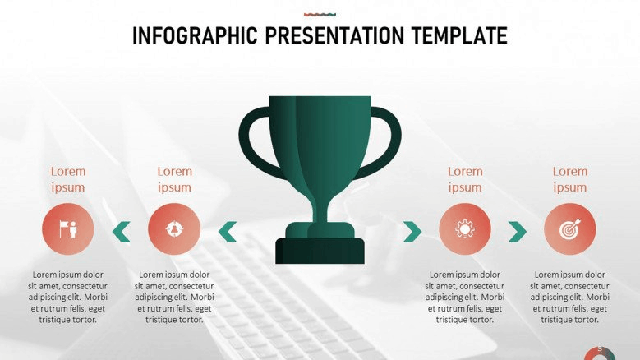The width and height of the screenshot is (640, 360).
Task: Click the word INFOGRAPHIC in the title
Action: [195, 35]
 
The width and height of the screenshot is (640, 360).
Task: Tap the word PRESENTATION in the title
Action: [334, 35]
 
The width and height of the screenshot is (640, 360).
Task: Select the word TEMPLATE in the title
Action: [459, 35]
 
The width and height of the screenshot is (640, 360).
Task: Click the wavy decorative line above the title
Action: [320, 15]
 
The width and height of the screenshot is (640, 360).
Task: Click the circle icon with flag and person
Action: [68, 229]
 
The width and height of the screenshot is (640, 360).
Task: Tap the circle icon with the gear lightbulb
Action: [465, 229]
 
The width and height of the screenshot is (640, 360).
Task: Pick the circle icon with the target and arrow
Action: [570, 229]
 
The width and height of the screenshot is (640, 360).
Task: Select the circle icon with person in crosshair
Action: [174, 229]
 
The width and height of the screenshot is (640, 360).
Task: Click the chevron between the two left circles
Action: [122, 232]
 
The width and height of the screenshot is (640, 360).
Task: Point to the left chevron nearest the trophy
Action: [228, 232]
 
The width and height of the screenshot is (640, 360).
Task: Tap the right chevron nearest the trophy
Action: [412, 232]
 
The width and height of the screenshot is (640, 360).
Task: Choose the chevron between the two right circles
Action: [518, 232]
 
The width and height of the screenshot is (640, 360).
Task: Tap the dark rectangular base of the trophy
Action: [320, 251]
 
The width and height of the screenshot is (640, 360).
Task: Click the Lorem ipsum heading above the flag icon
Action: [68, 179]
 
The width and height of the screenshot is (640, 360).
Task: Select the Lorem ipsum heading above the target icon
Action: [570, 179]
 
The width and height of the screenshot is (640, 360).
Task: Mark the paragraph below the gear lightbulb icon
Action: [465, 298]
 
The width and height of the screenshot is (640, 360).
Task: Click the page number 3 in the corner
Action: [600, 349]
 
